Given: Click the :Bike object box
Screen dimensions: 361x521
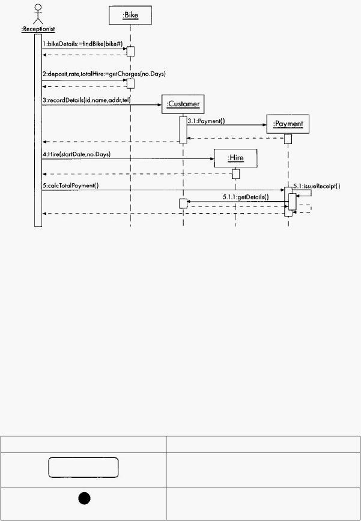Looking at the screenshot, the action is click(130, 15).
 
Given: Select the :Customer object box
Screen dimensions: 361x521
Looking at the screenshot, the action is click(183, 104).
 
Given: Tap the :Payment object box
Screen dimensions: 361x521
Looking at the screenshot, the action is click(288, 124).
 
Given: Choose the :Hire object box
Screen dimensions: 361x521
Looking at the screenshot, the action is click(235, 158).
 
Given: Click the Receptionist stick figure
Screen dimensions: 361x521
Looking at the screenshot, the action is click(38, 14).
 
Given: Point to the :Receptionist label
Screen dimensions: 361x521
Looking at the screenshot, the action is click(38, 29).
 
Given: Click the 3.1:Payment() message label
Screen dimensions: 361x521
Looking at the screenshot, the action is click(206, 121).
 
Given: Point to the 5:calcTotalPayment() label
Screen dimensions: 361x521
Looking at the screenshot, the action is click(70, 185).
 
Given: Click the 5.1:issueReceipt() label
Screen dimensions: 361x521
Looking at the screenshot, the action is click(317, 187).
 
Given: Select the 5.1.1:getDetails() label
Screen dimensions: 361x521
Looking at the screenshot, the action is click(246, 197).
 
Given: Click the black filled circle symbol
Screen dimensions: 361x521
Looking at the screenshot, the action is click(85, 498).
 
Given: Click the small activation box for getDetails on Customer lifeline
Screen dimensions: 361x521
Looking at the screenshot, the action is click(183, 203).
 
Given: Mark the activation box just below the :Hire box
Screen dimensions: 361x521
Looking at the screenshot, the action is click(235, 173).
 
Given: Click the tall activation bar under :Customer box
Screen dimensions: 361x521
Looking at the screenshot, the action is click(183, 130).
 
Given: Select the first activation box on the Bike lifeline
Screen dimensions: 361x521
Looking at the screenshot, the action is click(130, 52).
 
